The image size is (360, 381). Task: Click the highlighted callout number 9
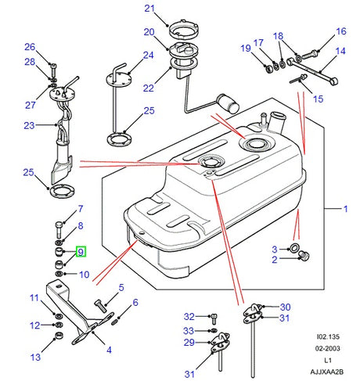click(79, 252)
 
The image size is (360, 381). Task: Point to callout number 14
click(341, 52)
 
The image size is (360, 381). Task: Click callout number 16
click(341, 31)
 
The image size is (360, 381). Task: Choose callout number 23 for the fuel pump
click(29, 125)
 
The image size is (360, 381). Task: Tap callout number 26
click(30, 46)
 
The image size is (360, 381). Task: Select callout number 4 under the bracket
click(108, 350)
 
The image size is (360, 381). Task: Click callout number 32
click(189, 317)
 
